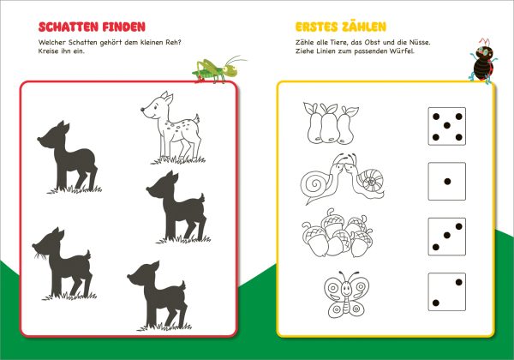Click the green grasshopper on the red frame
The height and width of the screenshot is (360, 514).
pyautogui.click(x=218, y=69)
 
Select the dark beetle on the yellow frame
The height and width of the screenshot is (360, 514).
pyautogui.click(x=483, y=62)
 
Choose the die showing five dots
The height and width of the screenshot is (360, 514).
pyautogui.click(x=447, y=126)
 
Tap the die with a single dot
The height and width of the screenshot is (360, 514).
pyautogui.click(x=447, y=182)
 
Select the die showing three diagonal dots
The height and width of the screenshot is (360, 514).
pyautogui.click(x=447, y=237)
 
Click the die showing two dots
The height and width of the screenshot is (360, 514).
pyautogui.click(x=447, y=291)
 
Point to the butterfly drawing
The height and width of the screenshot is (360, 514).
pyautogui.click(x=346, y=294)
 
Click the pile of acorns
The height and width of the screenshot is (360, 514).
pyautogui.click(x=338, y=233)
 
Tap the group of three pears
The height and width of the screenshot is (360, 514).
pyautogui.click(x=331, y=123)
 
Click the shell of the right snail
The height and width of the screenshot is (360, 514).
pyautogui.click(x=372, y=182)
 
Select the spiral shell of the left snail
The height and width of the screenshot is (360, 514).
pyautogui.click(x=315, y=186)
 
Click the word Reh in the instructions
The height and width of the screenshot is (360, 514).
pyautogui.click(x=173, y=42)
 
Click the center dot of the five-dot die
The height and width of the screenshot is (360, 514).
pyautogui.click(x=447, y=125)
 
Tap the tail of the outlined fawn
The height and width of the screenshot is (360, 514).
pyautogui.click(x=196, y=118)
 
